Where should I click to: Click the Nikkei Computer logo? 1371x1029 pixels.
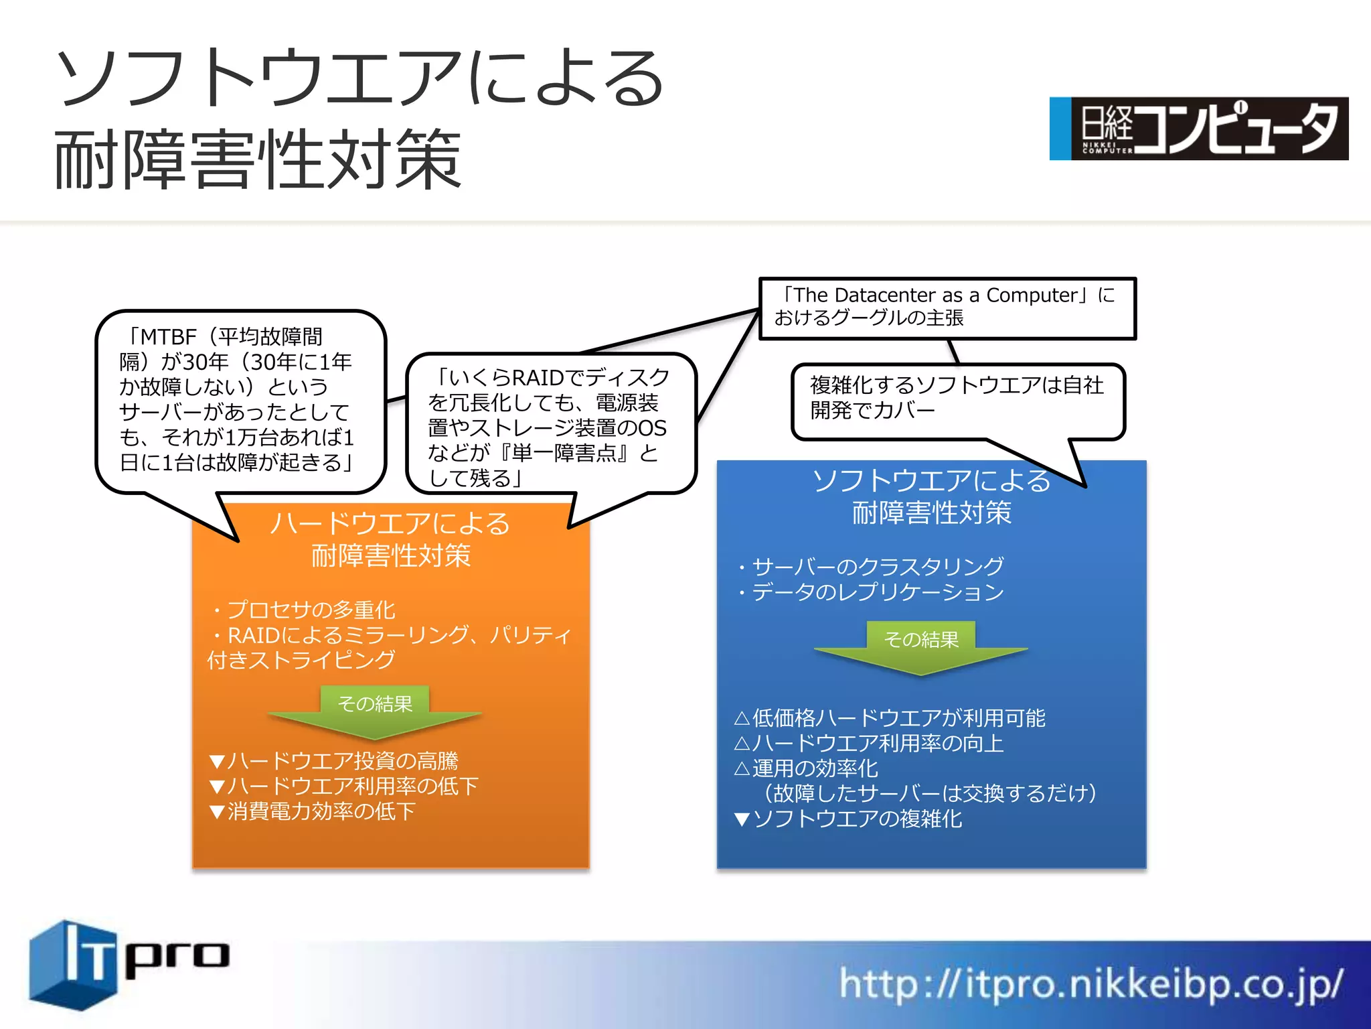point(1198,129)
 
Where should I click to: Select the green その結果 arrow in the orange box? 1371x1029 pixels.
point(375,710)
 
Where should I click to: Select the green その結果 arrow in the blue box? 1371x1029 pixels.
point(921,646)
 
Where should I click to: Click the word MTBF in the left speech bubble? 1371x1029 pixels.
point(168,336)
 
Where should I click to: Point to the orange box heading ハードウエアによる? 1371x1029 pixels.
point(390,524)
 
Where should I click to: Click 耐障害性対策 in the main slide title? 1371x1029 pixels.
point(258,159)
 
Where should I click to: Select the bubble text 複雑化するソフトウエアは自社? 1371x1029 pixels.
point(956,385)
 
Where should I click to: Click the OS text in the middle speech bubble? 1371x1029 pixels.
point(651,428)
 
